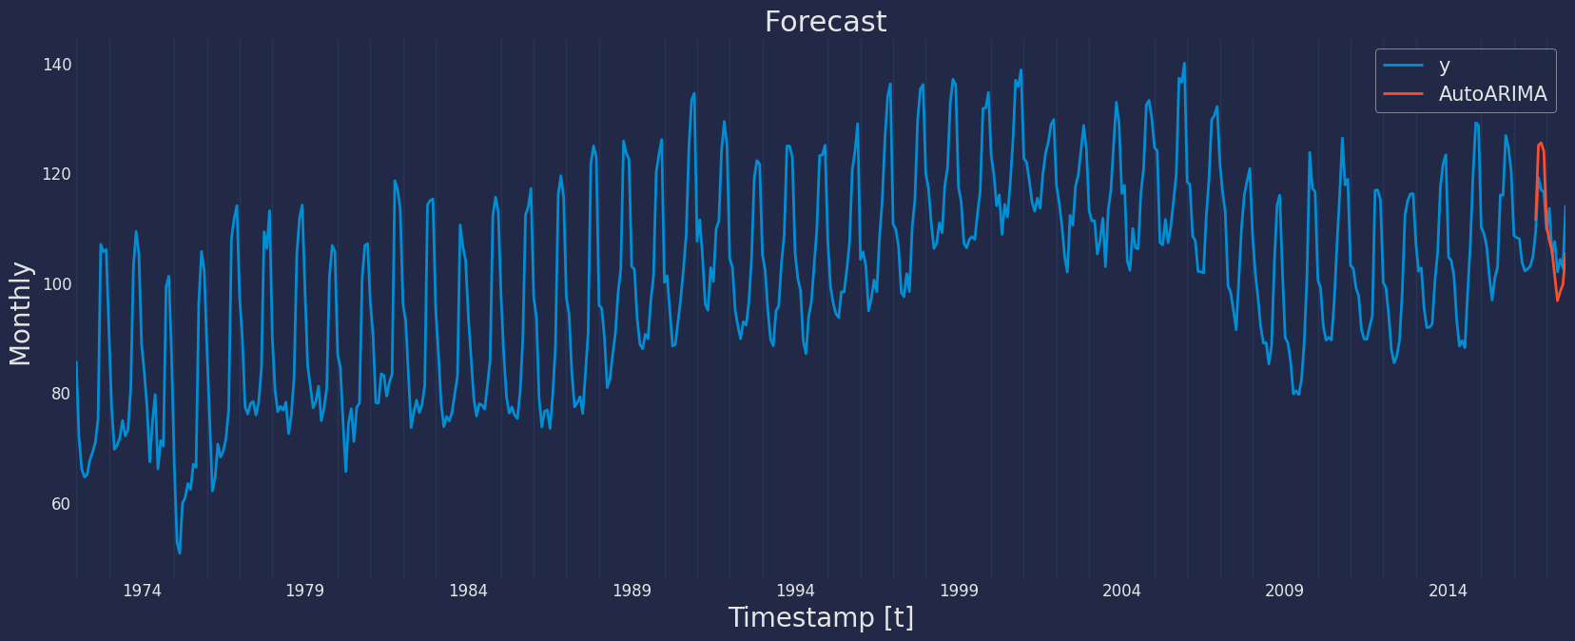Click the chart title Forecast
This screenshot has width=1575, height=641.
pyautogui.click(x=826, y=22)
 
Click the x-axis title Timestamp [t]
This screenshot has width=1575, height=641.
pyautogui.click(x=821, y=618)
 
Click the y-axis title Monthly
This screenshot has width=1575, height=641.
pyautogui.click(x=20, y=314)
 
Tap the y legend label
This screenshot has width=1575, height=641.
pyautogui.click(x=1444, y=66)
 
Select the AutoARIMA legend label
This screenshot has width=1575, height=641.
pyautogui.click(x=1493, y=93)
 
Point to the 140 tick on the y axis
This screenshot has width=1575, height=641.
pyautogui.click(x=57, y=65)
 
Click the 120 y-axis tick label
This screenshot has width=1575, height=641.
pyautogui.click(x=57, y=174)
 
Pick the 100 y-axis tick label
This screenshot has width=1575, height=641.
pyautogui.click(x=57, y=284)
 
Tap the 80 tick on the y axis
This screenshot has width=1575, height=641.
pyautogui.click(x=61, y=394)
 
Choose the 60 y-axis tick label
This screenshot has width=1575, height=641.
pyautogui.click(x=61, y=504)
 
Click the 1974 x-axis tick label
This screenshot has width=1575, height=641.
pyautogui.click(x=142, y=591)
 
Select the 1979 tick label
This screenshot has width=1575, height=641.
pyautogui.click(x=305, y=591)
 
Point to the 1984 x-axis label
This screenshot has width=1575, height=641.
pyautogui.click(x=468, y=591)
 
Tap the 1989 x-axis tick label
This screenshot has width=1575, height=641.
pyautogui.click(x=632, y=591)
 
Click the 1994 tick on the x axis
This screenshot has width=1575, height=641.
pyautogui.click(x=795, y=591)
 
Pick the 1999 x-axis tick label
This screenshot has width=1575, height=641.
pyautogui.click(x=959, y=591)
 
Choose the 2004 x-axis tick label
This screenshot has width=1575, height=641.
pyautogui.click(x=1121, y=591)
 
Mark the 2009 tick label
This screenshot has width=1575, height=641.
pyautogui.click(x=1285, y=591)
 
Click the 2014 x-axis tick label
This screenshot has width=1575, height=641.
pyautogui.click(x=1448, y=591)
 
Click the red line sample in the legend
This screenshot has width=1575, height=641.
pyautogui.click(x=1404, y=93)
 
